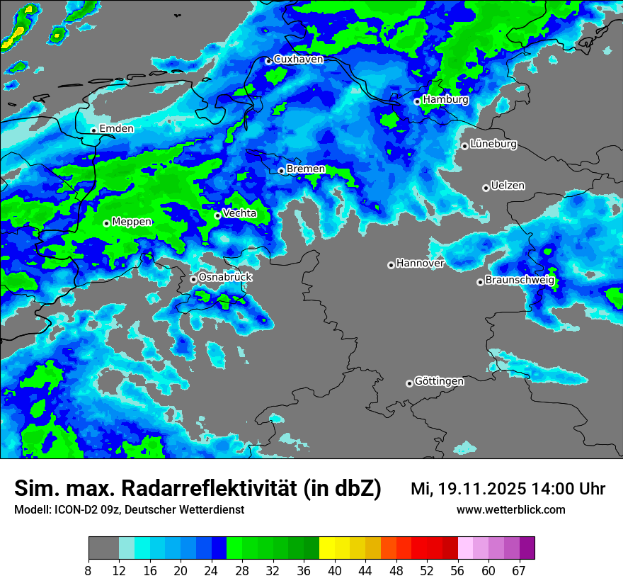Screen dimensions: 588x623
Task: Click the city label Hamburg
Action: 445,100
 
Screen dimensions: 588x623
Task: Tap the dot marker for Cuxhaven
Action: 268,61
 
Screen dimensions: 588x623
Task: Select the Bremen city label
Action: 306,169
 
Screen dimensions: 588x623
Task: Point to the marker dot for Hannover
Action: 391,265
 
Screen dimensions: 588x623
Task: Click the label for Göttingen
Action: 439,382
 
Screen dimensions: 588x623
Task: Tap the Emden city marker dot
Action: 93,130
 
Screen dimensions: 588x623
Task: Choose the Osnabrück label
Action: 225,278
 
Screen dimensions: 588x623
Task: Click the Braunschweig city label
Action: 520,281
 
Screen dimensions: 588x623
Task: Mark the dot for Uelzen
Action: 486,188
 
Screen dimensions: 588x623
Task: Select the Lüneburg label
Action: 493,144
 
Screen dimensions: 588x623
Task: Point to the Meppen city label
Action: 132,222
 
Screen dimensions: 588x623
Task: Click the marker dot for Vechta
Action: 217,215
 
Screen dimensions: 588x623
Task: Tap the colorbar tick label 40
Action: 335,571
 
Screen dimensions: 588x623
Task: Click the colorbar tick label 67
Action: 519,571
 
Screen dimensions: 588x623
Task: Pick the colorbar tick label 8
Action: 88,571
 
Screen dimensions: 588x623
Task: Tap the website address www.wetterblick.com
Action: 510,510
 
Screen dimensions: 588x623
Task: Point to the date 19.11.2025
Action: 481,489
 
